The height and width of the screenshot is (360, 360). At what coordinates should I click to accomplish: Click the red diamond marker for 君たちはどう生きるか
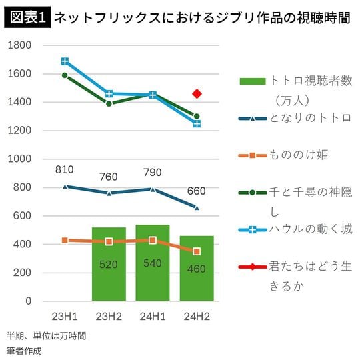point(196,94)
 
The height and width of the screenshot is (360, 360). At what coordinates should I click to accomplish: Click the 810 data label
point(65,170)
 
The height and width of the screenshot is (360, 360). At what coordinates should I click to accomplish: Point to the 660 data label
point(196,191)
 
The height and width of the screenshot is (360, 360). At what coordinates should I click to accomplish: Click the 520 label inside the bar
point(109,265)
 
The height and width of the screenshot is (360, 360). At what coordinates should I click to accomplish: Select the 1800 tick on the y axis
point(19,45)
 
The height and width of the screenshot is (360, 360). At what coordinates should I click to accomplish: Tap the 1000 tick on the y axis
point(19,159)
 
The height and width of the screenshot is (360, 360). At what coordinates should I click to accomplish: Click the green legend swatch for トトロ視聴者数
point(252,81)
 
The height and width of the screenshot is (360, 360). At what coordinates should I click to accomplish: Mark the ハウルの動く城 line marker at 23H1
point(65,61)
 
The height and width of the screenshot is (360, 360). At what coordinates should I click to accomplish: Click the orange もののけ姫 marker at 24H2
point(196,251)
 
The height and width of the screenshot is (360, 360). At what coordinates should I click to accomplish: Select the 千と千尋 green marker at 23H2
point(109,103)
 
